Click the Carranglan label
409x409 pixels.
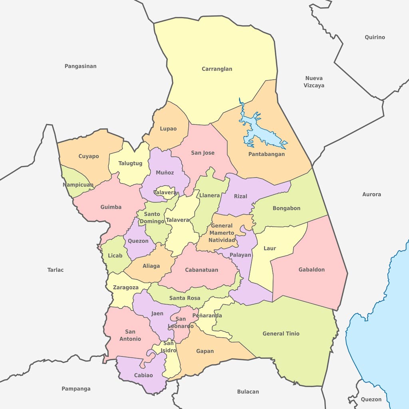pyautogui.click(x=217, y=69)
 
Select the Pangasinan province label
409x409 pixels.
pyautogui.click(x=81, y=66)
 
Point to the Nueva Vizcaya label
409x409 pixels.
pyautogui.click(x=314, y=82)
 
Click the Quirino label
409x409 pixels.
pyautogui.click(x=375, y=38)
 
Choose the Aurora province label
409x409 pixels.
pyautogui.click(x=371, y=195)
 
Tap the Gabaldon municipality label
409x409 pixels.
pyautogui.click(x=312, y=270)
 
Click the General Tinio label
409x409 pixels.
pyautogui.click(x=281, y=334)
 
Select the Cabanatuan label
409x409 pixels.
pyautogui.click(x=202, y=270)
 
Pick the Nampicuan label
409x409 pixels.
pyautogui.click(x=78, y=185)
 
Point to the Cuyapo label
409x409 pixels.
pyautogui.click(x=89, y=156)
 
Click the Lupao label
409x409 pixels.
pyautogui.click(x=168, y=129)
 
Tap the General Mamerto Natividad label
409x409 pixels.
pyautogui.click(x=222, y=233)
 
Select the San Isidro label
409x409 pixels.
pyautogui.click(x=169, y=347)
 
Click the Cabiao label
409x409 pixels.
pyautogui.click(x=143, y=375)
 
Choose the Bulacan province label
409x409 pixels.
pyautogui.click(x=248, y=392)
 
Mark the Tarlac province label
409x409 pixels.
pyautogui.click(x=56, y=270)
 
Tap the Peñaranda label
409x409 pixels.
pyautogui.click(x=207, y=316)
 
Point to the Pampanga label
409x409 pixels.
pyautogui.click(x=76, y=389)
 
